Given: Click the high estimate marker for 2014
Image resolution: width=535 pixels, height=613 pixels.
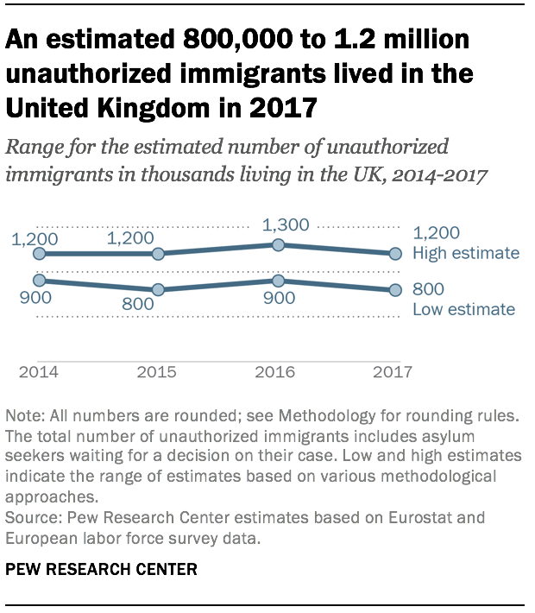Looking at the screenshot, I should (39, 254).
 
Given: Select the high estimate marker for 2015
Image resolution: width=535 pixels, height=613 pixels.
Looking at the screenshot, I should (158, 254).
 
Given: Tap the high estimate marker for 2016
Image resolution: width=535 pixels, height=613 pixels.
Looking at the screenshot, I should (278, 245).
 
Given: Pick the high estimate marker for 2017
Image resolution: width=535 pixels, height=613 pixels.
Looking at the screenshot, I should (396, 254).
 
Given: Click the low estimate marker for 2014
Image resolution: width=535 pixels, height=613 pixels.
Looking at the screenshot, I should (39, 281).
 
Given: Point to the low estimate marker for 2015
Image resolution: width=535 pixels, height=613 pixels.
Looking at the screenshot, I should (158, 290).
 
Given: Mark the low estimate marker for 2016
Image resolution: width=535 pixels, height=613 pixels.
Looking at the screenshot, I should (278, 281).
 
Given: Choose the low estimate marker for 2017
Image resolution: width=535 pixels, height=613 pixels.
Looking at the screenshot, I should (396, 290).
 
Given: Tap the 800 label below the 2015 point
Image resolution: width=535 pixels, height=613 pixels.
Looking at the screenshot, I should (138, 304).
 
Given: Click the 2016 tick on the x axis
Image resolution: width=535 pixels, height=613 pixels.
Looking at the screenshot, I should (276, 372).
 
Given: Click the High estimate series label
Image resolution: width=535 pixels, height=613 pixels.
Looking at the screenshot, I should (466, 253).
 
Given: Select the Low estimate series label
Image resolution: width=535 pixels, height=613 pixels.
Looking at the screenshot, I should (463, 309).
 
